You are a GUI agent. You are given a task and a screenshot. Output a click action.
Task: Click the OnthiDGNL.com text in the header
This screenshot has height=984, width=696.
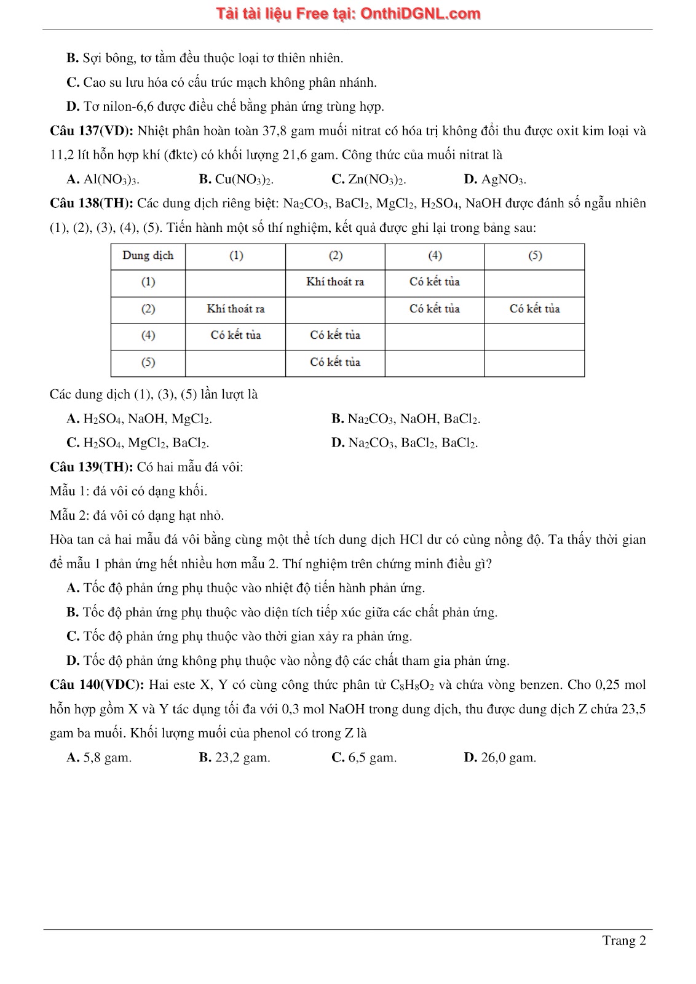(420, 14)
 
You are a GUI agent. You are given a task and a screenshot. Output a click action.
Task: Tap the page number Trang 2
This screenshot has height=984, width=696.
(623, 940)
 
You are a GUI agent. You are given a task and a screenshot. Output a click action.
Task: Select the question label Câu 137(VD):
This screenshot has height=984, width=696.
(91, 131)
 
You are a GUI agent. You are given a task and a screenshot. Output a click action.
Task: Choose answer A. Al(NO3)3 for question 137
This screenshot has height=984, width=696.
(103, 180)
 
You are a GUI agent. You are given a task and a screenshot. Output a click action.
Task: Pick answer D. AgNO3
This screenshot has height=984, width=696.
(495, 180)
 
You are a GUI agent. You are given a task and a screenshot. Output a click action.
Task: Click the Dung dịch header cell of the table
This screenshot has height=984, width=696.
(148, 256)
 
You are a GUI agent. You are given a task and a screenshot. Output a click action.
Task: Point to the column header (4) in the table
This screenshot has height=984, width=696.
(435, 256)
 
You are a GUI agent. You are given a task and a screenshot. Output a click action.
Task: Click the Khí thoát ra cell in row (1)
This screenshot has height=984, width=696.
(335, 282)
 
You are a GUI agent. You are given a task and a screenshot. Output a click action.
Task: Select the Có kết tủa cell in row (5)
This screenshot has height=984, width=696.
(335, 362)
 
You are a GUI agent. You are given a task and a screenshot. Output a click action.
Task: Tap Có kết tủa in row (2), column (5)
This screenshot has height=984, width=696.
(534, 309)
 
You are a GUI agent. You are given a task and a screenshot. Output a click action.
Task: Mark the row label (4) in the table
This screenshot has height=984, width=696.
(148, 336)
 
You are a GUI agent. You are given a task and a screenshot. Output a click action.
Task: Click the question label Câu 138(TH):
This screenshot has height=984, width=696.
(91, 204)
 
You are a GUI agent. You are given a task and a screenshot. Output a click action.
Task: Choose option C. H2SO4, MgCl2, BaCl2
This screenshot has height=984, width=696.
(138, 443)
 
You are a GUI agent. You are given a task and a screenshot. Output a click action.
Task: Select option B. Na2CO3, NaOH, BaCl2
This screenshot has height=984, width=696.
(406, 419)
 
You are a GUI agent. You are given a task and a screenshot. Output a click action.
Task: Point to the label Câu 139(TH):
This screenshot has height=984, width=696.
(91, 467)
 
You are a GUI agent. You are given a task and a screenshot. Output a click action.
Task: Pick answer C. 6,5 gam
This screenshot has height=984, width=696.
(364, 758)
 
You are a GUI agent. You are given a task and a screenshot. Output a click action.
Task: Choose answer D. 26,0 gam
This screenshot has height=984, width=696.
(500, 758)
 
